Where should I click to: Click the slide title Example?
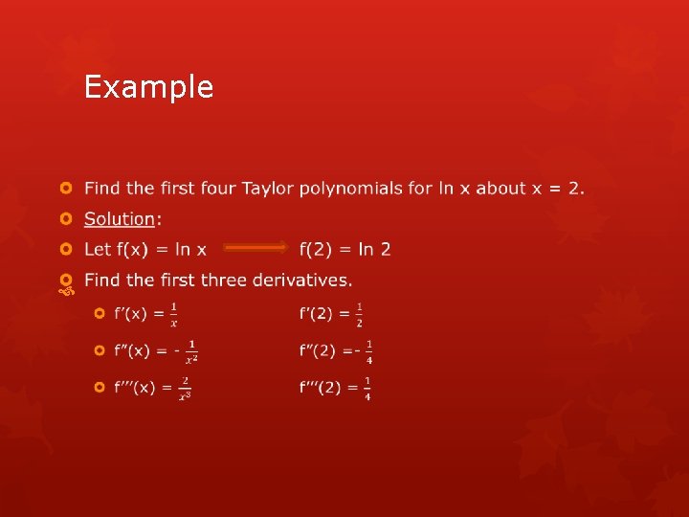tap(148, 87)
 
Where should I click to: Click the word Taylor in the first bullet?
tap(268, 188)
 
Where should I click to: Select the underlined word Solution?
tap(119, 219)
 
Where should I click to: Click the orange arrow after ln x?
tap(256, 249)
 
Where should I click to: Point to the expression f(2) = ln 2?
tap(344, 249)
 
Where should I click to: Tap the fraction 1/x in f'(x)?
tap(173, 313)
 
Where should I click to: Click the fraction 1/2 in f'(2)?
tap(359, 314)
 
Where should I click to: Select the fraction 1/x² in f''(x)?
tap(191, 351)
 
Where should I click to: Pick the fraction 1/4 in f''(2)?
tap(369, 351)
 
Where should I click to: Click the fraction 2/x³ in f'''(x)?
tap(184, 388)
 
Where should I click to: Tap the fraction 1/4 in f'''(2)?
tap(367, 388)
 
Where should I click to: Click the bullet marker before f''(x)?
tap(100, 351)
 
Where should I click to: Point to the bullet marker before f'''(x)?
tap(100, 388)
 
